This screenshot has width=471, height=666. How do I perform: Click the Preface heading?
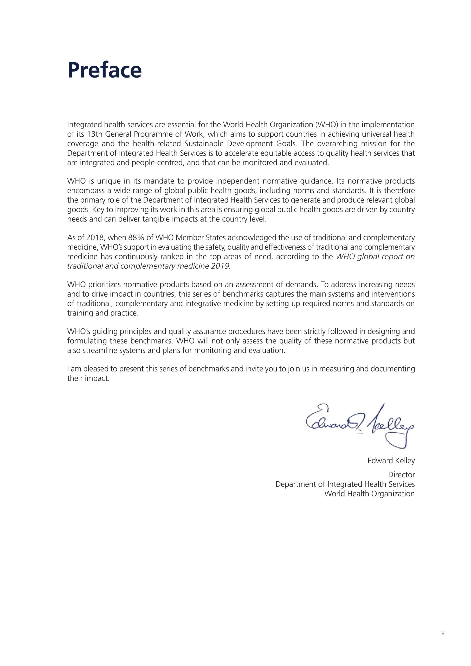point(104,70)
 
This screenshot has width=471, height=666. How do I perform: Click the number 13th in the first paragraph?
point(93,134)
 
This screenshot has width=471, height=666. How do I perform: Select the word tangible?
point(156,219)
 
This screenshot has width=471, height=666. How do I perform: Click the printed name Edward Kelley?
point(391,461)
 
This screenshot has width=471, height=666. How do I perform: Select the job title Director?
point(401,475)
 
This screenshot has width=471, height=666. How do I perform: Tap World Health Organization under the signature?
point(370,494)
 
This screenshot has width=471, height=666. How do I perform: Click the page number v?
point(443,642)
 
